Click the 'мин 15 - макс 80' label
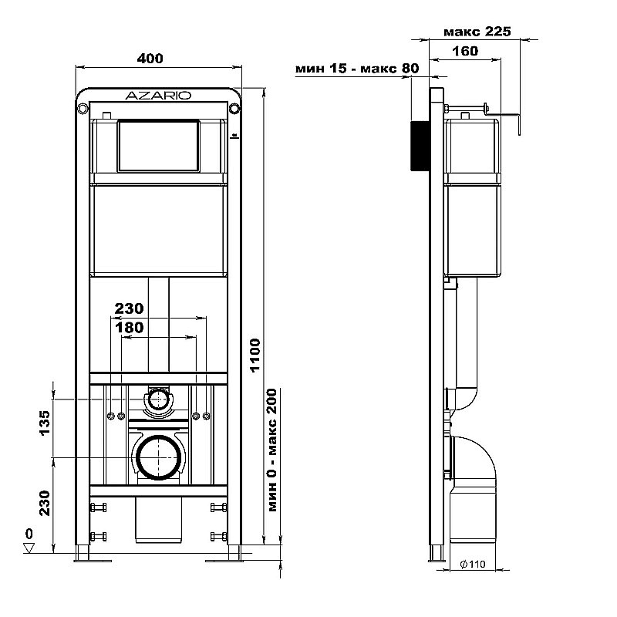click(356, 69)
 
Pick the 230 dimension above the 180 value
click(129, 308)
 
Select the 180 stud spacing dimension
click(129, 328)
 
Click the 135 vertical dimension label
click(45, 424)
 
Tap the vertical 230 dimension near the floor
click(45, 503)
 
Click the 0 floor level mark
click(29, 534)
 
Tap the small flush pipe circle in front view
click(159, 399)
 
